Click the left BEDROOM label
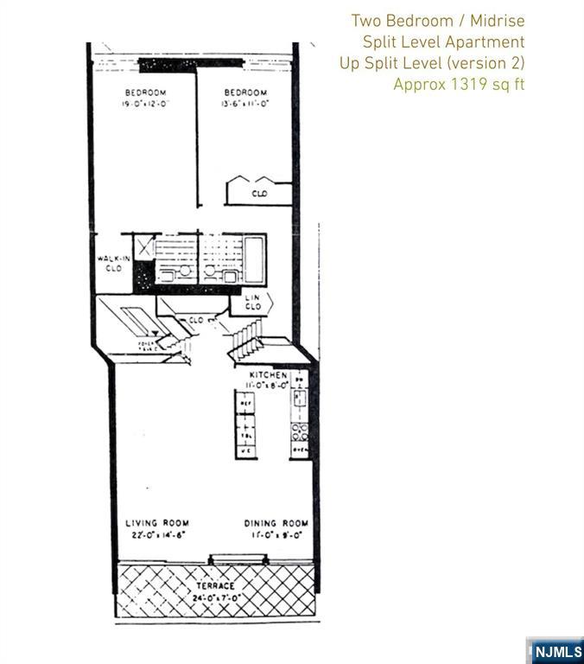pyautogui.click(x=145, y=93)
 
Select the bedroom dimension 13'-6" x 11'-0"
pyautogui.click(x=245, y=103)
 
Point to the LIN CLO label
pyautogui.click(x=253, y=302)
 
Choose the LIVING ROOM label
pyautogui.click(x=157, y=523)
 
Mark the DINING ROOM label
pyautogui.click(x=276, y=523)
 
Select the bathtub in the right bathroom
pyautogui.click(x=255, y=258)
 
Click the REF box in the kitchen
pyautogui.click(x=244, y=404)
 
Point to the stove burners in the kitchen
pyautogui.click(x=299, y=430)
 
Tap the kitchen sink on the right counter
pyautogui.click(x=299, y=398)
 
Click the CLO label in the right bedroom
pyautogui.click(x=259, y=195)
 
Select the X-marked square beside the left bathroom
pyautogui.click(x=143, y=248)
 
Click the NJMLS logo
pyautogui.click(x=555, y=650)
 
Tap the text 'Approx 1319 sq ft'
pyautogui.click(x=459, y=85)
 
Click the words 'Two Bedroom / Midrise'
pyautogui.click(x=437, y=21)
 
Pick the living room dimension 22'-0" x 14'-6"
pyautogui.click(x=157, y=534)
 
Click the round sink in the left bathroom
pyautogui.click(x=184, y=271)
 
